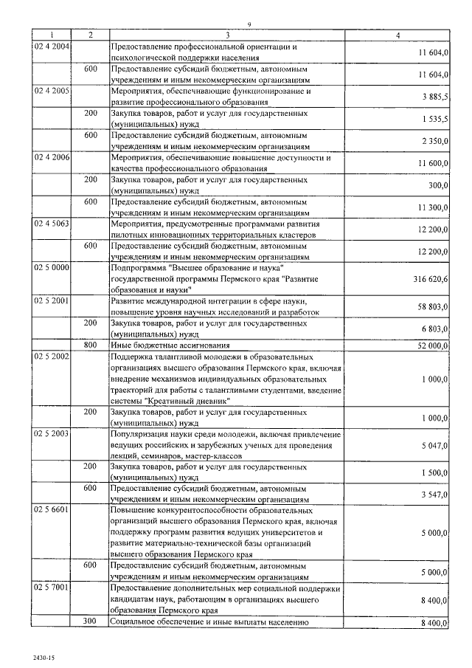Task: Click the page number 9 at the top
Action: pyautogui.click(x=250, y=25)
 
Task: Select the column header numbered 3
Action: pyautogui.click(x=227, y=35)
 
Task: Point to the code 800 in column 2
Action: pyautogui.click(x=90, y=345)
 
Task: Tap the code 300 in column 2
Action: pyautogui.click(x=90, y=622)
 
